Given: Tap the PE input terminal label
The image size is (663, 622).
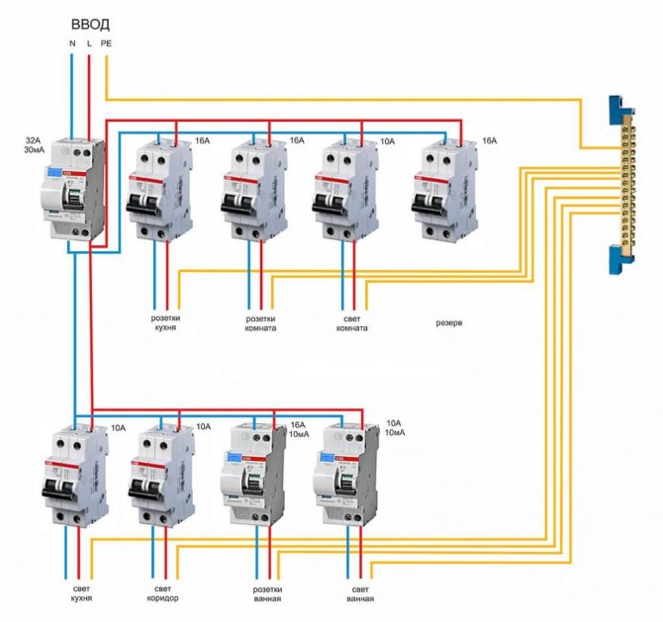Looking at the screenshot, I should (x=106, y=44).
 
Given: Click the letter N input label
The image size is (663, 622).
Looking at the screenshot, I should (x=72, y=44).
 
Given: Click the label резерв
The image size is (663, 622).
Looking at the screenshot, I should (x=450, y=322).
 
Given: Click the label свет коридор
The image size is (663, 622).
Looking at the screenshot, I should (x=165, y=593).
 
